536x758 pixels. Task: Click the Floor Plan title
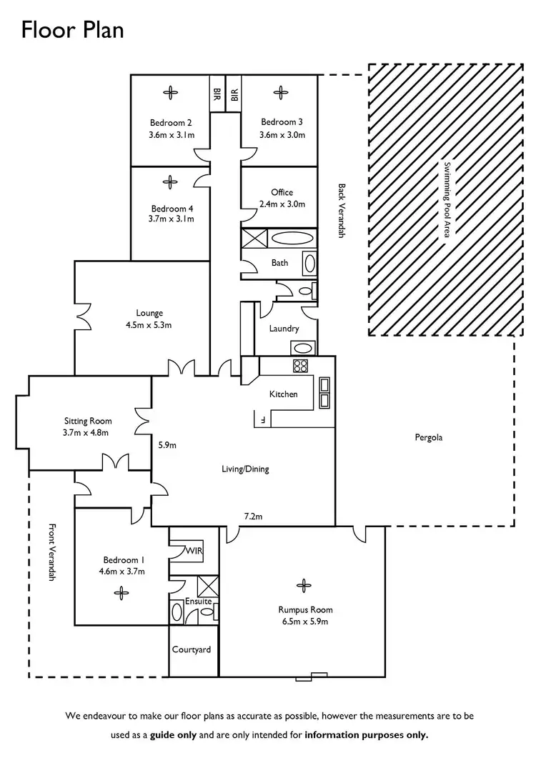72,29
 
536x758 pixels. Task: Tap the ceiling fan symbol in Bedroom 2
170,91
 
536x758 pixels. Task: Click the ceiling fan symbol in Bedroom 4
170,181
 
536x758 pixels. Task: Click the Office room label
282,192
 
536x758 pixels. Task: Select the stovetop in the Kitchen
300,366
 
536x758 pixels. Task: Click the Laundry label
284,329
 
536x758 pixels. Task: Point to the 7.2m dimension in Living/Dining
254,516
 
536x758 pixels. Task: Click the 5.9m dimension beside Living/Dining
167,445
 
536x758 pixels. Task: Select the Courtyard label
192,649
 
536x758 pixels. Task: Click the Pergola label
429,437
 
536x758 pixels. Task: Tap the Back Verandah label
342,211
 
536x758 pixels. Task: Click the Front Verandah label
51,552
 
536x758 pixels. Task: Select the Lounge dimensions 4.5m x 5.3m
149,324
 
